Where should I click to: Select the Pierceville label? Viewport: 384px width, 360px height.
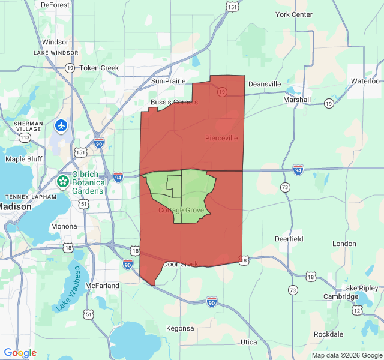[221, 138]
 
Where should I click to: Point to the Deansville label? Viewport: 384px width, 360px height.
[265, 84]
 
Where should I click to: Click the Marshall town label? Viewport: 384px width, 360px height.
[297, 100]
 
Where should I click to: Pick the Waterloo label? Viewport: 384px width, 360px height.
[365, 80]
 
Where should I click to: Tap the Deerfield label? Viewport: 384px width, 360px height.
[289, 238]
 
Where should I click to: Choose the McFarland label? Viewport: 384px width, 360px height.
[102, 286]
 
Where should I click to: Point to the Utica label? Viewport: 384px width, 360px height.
[248, 342]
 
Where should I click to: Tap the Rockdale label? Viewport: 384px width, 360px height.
[328, 334]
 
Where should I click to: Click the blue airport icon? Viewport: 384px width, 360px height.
[61, 126]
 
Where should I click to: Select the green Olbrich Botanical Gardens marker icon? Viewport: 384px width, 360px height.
[62, 181]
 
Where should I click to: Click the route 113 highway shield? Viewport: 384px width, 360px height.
[25, 137]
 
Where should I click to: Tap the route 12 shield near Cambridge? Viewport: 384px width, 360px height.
[358, 310]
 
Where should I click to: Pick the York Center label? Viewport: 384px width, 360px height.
[294, 14]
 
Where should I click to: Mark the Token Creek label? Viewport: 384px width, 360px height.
[99, 68]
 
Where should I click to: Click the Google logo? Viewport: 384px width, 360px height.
[20, 353]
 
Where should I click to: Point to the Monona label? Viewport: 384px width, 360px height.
[64, 226]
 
